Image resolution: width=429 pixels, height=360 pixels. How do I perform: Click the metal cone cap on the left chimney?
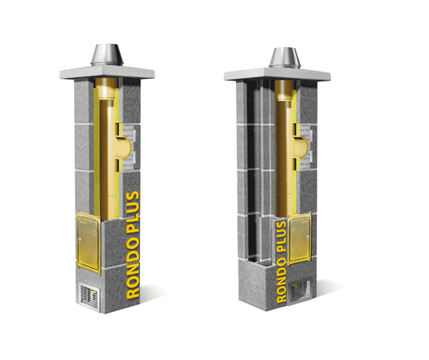[107, 55]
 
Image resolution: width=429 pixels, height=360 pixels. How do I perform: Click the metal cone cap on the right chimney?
[285, 58]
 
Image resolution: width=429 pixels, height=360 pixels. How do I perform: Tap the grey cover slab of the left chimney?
[107, 72]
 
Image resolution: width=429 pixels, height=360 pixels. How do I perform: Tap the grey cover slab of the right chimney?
[277, 74]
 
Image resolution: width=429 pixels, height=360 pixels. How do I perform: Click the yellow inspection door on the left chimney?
[89, 242]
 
